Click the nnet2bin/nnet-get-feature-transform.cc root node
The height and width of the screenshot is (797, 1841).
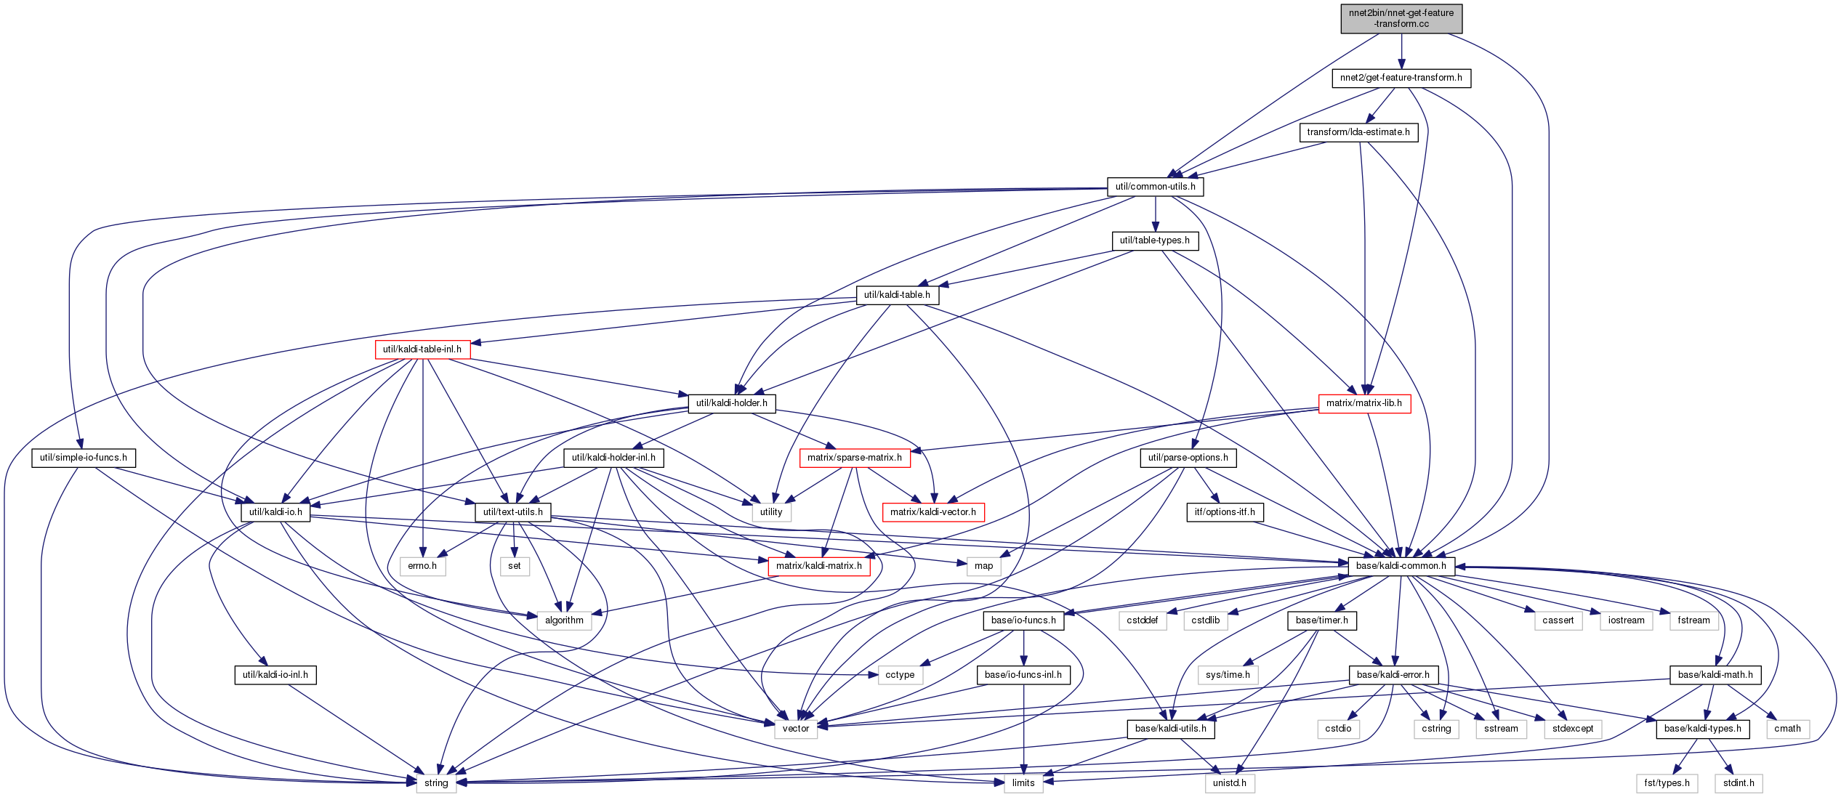[1401, 18]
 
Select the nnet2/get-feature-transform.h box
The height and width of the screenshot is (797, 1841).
[1401, 78]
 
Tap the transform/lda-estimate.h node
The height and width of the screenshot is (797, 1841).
[1358, 132]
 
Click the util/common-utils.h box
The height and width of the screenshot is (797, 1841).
[1156, 187]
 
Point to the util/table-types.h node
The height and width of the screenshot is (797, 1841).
[1155, 240]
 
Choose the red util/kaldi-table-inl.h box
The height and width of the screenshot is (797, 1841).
[422, 349]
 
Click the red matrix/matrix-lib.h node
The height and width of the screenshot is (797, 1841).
[1364, 403]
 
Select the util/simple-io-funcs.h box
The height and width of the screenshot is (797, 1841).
[84, 458]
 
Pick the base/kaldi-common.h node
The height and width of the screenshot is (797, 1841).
[1401, 566]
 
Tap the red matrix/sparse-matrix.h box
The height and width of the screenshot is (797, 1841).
[855, 458]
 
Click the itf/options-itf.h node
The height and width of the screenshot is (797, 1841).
[1225, 512]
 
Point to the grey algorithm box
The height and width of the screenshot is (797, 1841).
[564, 620]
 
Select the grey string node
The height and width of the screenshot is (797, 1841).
[436, 783]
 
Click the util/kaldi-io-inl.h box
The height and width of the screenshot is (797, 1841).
[275, 675]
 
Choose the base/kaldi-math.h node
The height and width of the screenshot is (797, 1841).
[1715, 675]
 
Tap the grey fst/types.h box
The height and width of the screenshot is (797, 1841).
[1667, 783]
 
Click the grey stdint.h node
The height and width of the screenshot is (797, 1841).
[1739, 783]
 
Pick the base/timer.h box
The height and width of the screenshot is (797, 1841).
[1321, 620]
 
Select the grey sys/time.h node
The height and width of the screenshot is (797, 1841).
[1228, 675]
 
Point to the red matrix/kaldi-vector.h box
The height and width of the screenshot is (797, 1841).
[933, 512]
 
